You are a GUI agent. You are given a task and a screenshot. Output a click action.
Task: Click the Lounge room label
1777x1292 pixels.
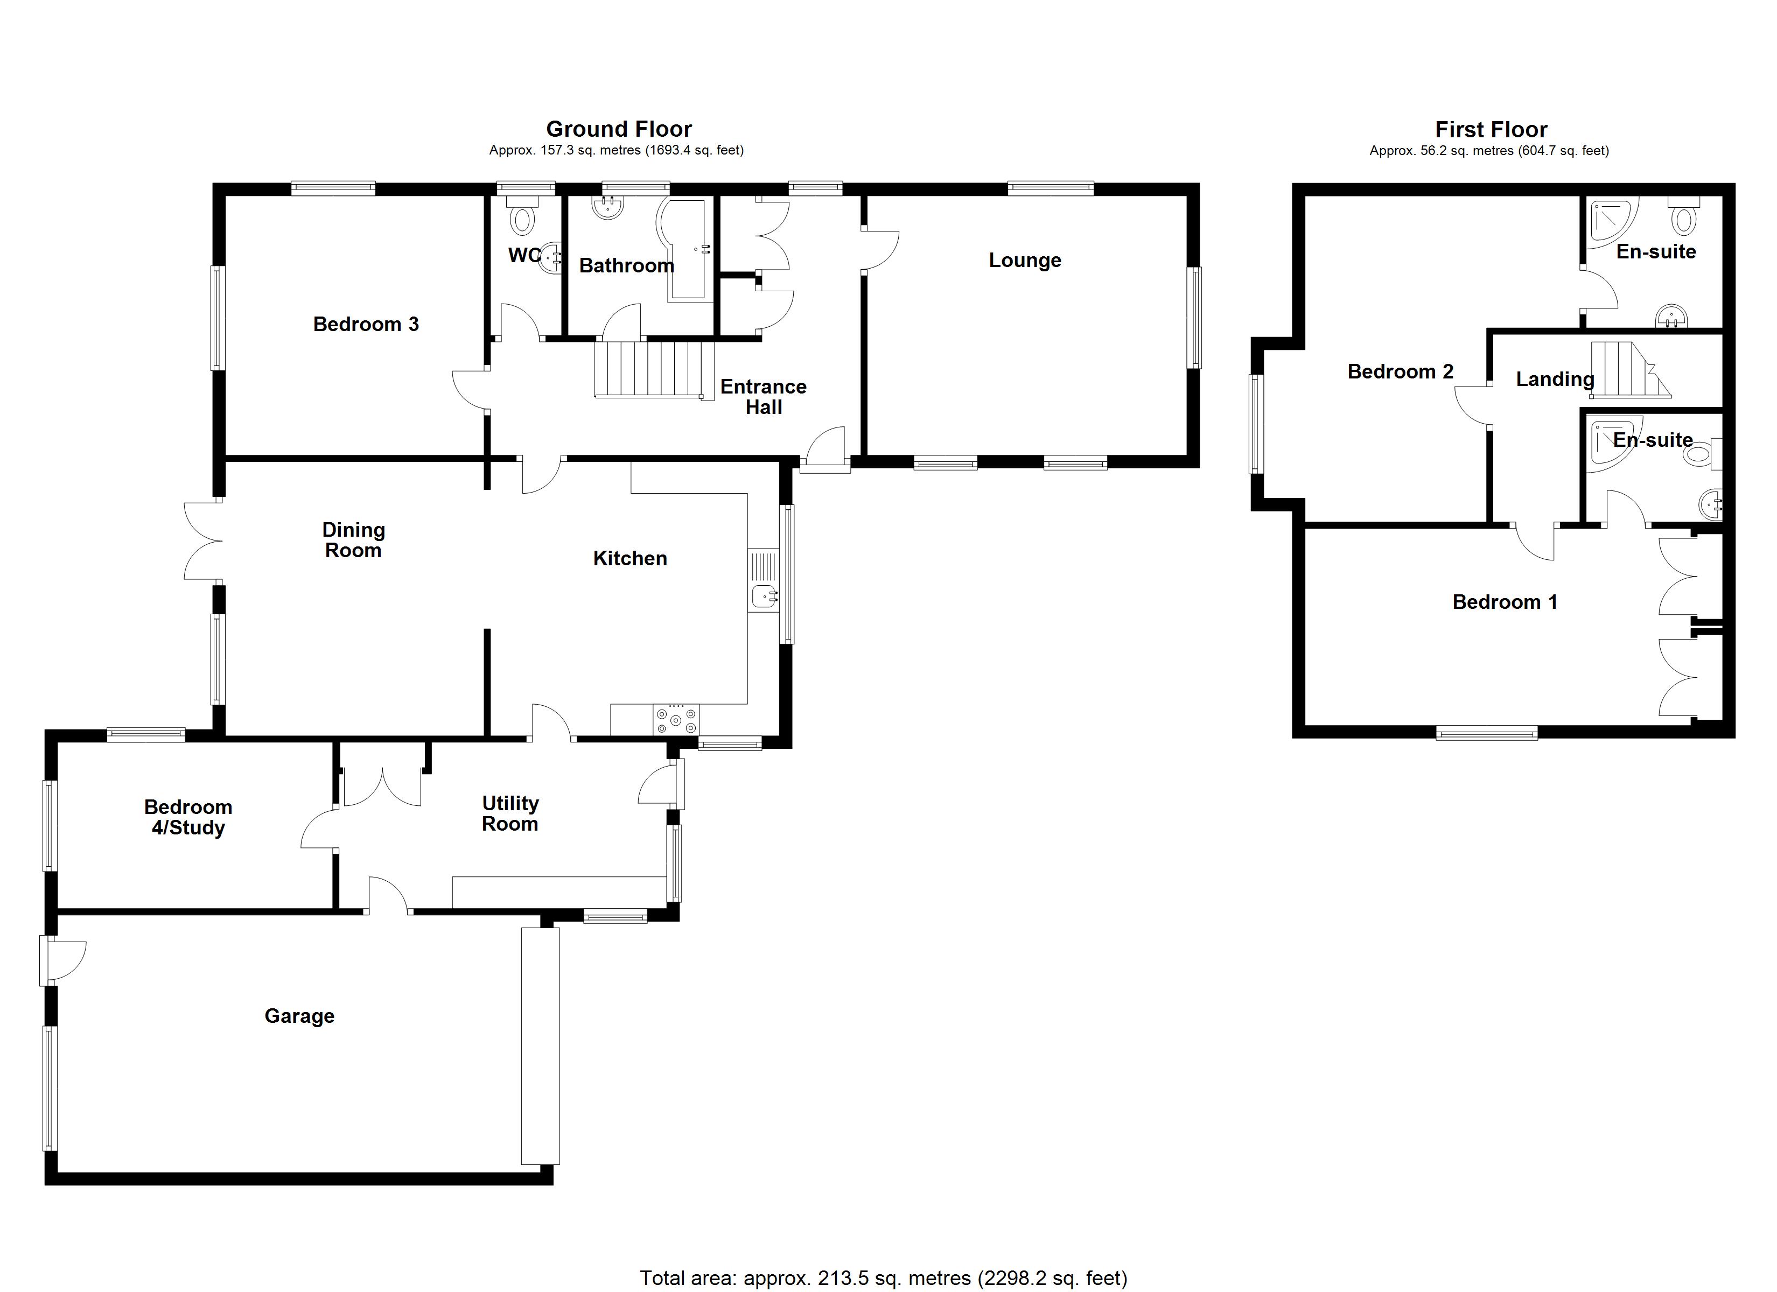[x=1024, y=260]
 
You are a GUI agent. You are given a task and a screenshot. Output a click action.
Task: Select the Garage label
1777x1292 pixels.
[x=299, y=1016]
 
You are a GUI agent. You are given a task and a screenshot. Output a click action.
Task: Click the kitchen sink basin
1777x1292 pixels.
[x=763, y=597]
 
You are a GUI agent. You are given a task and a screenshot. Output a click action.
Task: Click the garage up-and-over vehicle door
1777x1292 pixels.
[x=541, y=1045]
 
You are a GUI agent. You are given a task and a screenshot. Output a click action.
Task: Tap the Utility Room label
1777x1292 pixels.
[x=510, y=813]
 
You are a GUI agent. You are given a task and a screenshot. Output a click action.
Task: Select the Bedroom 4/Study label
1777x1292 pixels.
[x=188, y=817]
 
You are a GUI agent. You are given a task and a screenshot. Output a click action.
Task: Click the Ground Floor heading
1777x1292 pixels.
[x=618, y=129]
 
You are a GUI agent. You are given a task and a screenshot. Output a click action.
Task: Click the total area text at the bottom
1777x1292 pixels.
[x=883, y=1279]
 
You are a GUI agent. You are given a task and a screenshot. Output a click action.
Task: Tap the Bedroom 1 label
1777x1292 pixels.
[x=1505, y=602]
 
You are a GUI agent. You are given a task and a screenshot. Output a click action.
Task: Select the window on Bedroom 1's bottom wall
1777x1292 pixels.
[x=1486, y=733]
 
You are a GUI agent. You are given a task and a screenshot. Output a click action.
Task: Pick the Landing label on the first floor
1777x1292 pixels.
[x=1555, y=379]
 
